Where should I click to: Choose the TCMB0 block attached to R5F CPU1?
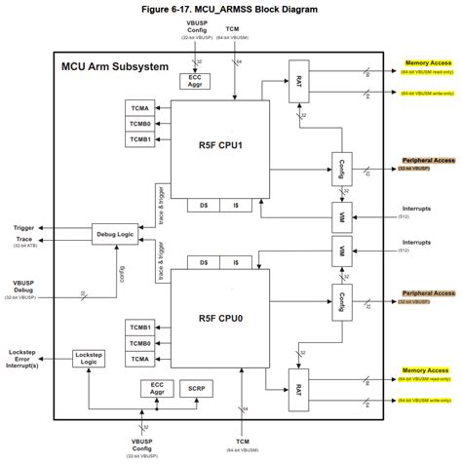point(137,123)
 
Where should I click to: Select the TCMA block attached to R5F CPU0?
point(137,361)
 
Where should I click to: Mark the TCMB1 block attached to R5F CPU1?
point(137,140)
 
